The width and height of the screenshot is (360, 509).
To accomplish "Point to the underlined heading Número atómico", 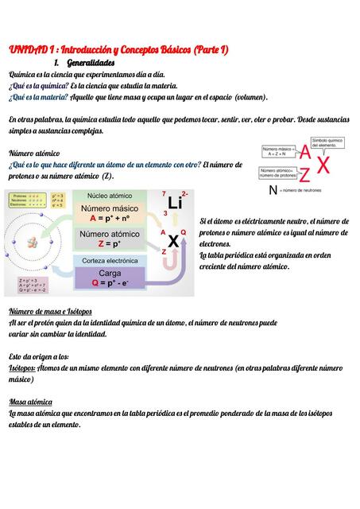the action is [x=34, y=152].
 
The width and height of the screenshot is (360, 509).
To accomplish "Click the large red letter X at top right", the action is [x=323, y=165].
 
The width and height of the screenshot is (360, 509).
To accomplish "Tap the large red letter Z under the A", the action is [x=304, y=175].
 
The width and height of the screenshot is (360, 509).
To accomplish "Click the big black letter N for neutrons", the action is [x=273, y=189].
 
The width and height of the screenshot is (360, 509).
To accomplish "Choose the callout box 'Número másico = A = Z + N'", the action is [x=279, y=150].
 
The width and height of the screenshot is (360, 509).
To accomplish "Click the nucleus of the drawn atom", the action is [x=37, y=242].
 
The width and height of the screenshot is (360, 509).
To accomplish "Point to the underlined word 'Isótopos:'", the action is [x=21, y=368].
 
